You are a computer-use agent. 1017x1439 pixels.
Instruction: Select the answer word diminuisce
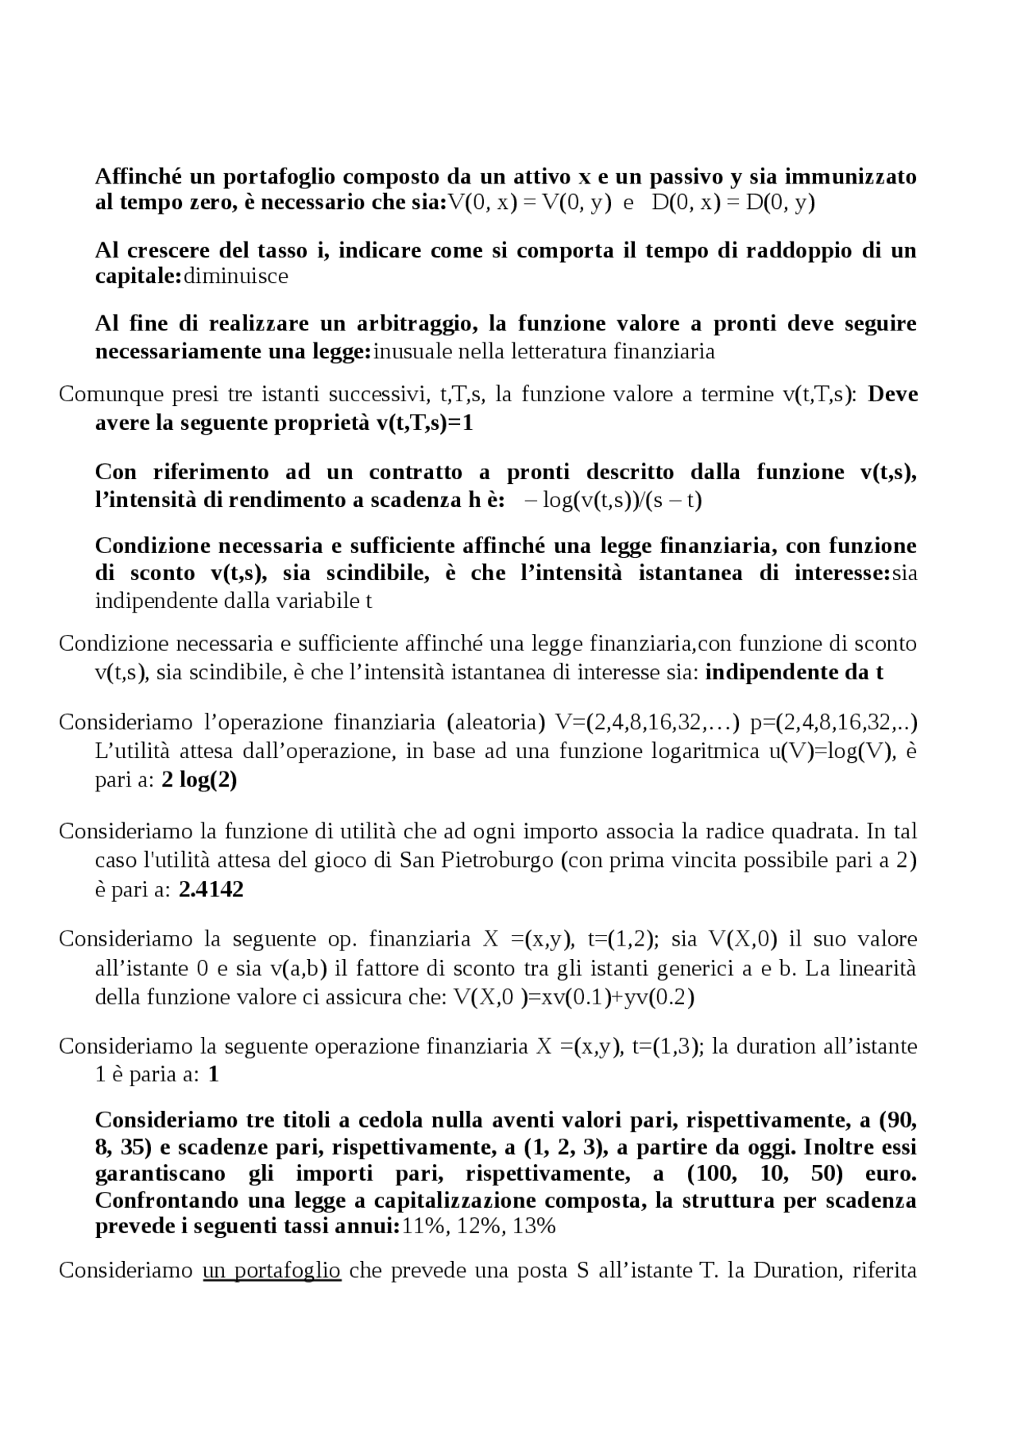(236, 277)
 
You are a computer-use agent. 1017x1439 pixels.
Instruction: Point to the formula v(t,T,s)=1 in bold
(424, 423)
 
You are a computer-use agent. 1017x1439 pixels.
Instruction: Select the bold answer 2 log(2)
(199, 780)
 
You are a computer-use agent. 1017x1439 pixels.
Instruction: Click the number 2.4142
(211, 889)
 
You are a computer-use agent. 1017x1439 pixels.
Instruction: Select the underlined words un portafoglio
(272, 1271)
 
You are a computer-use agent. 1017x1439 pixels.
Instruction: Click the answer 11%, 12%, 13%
(479, 1226)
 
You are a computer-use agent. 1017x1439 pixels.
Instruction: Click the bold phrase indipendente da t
(795, 672)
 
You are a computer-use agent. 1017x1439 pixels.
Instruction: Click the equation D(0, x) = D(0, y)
(733, 203)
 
